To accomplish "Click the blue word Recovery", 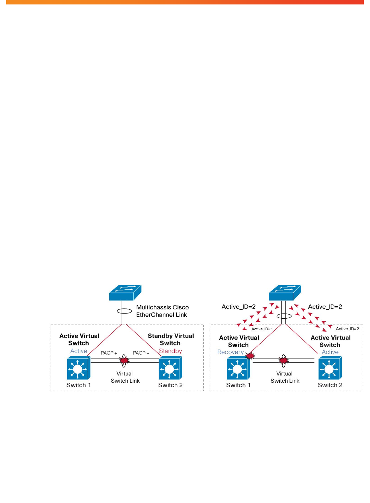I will pyautogui.click(x=230, y=352).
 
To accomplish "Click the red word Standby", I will pyautogui.click(x=170, y=351).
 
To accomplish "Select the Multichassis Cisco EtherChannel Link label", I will pyautogui.click(x=162, y=311).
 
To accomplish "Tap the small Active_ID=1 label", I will pyautogui.click(x=262, y=329).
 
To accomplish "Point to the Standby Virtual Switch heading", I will pyautogui.click(x=171, y=340).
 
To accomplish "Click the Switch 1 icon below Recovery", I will pyautogui.click(x=238, y=368).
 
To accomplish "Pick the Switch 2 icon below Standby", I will pyautogui.click(x=170, y=368).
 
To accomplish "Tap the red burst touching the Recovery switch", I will pyautogui.click(x=250, y=356).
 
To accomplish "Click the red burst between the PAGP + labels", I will pyautogui.click(x=124, y=360).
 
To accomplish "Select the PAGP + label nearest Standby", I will pyautogui.click(x=141, y=353).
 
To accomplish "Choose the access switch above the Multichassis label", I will pyautogui.click(x=125, y=293).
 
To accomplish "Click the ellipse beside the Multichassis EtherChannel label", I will pyautogui.click(x=124, y=311).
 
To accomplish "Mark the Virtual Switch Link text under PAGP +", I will pyautogui.click(x=125, y=377).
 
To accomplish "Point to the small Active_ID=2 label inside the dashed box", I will pyautogui.click(x=347, y=329).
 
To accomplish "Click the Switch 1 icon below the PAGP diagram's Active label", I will pyautogui.click(x=78, y=368).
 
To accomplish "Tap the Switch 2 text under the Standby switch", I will pyautogui.click(x=170, y=385).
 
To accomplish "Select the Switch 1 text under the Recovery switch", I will pyautogui.click(x=238, y=385).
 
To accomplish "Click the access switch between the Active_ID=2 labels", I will pyautogui.click(x=285, y=293).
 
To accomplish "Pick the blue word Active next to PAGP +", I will pyautogui.click(x=78, y=351).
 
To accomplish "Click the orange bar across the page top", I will pyautogui.click(x=185, y=2).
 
